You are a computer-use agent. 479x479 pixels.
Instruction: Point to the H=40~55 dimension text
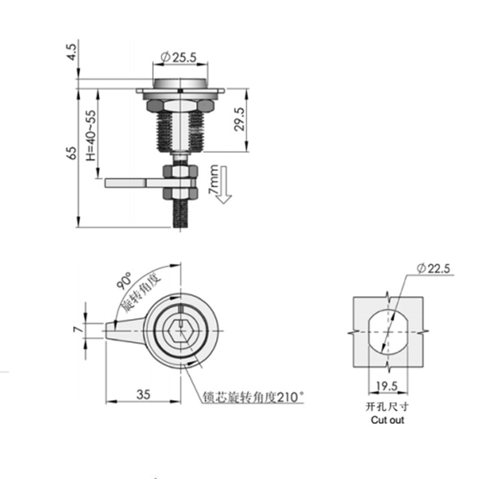tap(90, 136)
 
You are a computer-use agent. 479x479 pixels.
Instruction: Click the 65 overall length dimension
tap(72, 152)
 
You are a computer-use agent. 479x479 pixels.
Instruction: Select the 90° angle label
tap(125, 281)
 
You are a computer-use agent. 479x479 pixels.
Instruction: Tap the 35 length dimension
tap(143, 394)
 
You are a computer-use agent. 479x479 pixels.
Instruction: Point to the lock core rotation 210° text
tap(253, 396)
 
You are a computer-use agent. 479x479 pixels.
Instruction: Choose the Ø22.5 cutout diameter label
tap(434, 269)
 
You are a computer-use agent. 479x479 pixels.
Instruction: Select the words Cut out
tap(387, 420)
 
